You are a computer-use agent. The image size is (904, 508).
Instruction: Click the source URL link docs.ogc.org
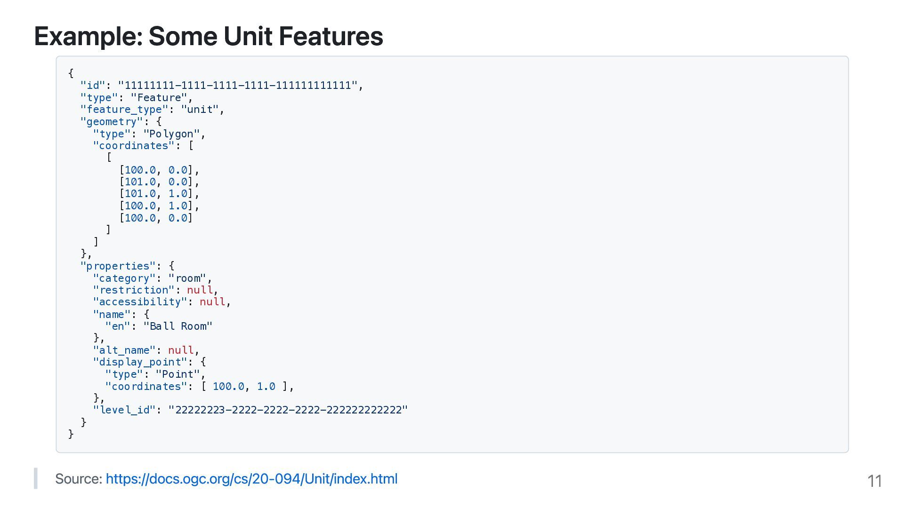tap(251, 479)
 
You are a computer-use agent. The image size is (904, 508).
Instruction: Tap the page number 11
tap(874, 481)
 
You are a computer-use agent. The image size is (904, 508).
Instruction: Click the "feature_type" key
tap(124, 110)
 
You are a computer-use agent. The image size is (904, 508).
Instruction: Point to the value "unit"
tap(200, 110)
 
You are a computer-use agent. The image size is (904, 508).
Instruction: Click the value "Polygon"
tap(171, 134)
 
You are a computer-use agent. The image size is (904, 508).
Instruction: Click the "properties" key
tap(118, 266)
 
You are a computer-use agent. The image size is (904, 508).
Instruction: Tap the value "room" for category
tap(187, 278)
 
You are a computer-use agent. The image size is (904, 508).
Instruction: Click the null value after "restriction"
tap(200, 290)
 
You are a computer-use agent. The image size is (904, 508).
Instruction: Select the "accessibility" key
tap(140, 302)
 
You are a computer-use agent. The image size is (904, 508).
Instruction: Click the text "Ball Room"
tap(178, 326)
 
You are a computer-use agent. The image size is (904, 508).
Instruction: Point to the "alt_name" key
tap(124, 350)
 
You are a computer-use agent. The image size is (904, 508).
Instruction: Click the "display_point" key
tap(140, 362)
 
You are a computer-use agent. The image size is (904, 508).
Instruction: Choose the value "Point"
tap(178, 374)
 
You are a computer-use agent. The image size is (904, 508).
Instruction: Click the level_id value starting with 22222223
tap(288, 410)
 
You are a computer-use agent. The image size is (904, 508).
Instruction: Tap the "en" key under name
tap(118, 326)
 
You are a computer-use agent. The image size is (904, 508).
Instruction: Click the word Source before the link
tap(78, 479)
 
